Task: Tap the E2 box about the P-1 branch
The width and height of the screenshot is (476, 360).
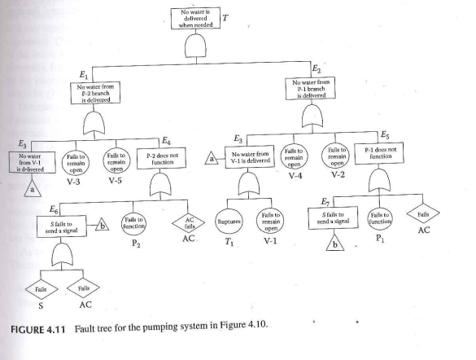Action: pos(315,87)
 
